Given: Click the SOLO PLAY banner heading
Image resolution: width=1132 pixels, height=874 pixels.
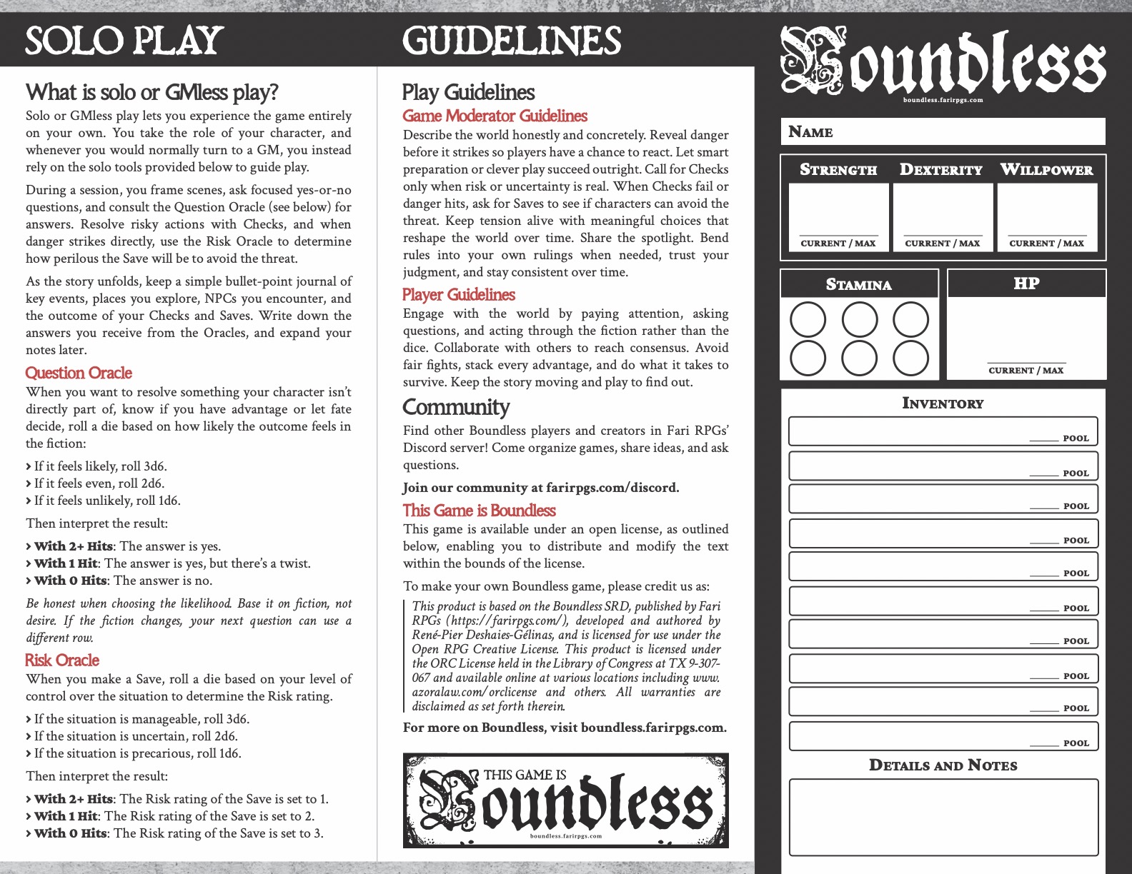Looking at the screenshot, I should pyautogui.click(x=124, y=40).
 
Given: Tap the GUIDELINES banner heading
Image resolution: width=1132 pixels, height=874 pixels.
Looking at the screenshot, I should pyautogui.click(x=512, y=41).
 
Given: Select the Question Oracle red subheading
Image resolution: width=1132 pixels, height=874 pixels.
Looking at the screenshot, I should pyautogui.click(x=79, y=373).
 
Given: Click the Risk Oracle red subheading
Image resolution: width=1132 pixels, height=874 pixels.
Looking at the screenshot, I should pyautogui.click(x=62, y=660).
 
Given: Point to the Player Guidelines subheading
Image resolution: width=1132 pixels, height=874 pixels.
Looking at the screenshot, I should pyautogui.click(x=458, y=294).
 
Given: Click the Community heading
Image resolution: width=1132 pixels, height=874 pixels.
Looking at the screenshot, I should pyautogui.click(x=456, y=407).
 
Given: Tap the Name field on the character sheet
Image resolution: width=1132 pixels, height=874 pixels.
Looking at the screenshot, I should pyautogui.click(x=943, y=131).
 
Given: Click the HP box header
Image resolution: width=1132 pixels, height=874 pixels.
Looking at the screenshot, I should pyautogui.click(x=1026, y=283).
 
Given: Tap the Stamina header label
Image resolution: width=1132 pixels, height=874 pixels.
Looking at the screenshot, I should pyautogui.click(x=858, y=284).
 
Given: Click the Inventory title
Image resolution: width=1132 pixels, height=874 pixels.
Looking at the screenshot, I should pyautogui.click(x=943, y=403).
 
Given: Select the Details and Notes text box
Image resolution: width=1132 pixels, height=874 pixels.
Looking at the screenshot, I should pyautogui.click(x=943, y=817).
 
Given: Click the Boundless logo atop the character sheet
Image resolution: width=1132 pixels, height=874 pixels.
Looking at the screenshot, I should pyautogui.click(x=943, y=63).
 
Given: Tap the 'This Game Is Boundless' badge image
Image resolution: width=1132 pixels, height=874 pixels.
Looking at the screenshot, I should pyautogui.click(x=565, y=800).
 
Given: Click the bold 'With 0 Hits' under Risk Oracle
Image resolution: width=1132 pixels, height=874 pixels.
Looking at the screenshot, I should pyautogui.click(x=71, y=833).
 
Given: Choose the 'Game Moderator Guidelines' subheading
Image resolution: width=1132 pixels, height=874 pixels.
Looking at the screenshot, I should pyautogui.click(x=495, y=116).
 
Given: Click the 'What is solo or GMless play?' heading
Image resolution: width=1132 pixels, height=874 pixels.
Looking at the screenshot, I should pyautogui.click(x=152, y=92).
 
